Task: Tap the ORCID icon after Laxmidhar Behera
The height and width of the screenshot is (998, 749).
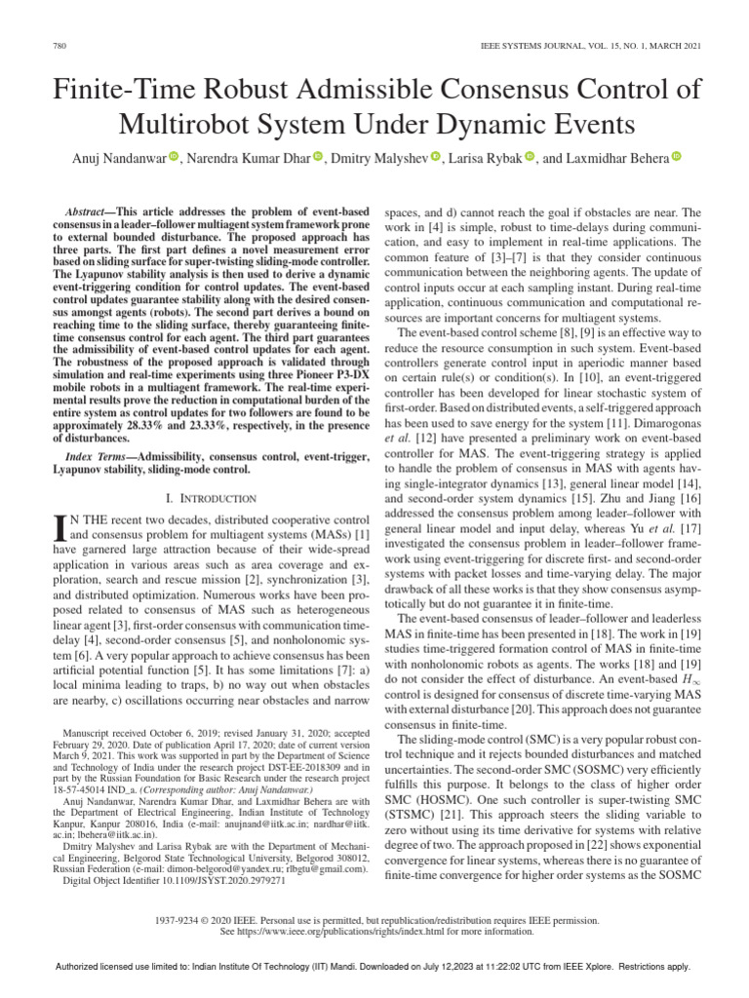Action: (675, 158)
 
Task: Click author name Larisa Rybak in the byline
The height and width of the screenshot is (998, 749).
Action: (483, 158)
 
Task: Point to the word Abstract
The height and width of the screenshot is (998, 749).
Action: (85, 211)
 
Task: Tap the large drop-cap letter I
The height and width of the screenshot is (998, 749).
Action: (66, 526)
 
